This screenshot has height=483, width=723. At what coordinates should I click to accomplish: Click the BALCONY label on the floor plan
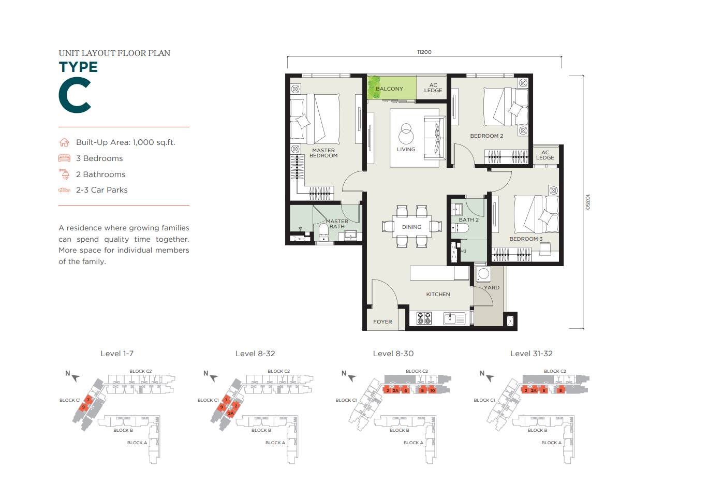389,89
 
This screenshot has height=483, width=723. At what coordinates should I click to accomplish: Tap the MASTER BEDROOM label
323,153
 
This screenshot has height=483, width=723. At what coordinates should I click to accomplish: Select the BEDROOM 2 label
486,136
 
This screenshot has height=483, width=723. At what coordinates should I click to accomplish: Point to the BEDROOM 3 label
526,239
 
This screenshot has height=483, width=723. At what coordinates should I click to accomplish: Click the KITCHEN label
438,294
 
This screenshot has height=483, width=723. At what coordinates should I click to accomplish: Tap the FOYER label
382,321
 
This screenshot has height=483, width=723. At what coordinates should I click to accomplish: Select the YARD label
492,287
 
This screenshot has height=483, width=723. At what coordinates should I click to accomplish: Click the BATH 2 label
468,219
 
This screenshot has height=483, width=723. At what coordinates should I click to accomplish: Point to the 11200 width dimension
424,52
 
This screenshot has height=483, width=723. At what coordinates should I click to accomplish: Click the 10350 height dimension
587,202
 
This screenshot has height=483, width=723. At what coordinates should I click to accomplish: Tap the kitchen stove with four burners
424,318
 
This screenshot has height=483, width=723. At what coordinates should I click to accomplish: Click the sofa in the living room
434,138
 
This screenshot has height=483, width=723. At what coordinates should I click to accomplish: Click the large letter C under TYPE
75,95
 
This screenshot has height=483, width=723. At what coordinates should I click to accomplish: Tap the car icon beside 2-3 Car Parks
64,190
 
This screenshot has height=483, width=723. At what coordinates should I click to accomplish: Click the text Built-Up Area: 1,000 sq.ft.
125,142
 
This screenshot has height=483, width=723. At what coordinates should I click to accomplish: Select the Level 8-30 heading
393,354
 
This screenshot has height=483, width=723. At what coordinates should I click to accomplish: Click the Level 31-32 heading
531,354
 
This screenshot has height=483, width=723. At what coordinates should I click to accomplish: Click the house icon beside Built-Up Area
64,142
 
